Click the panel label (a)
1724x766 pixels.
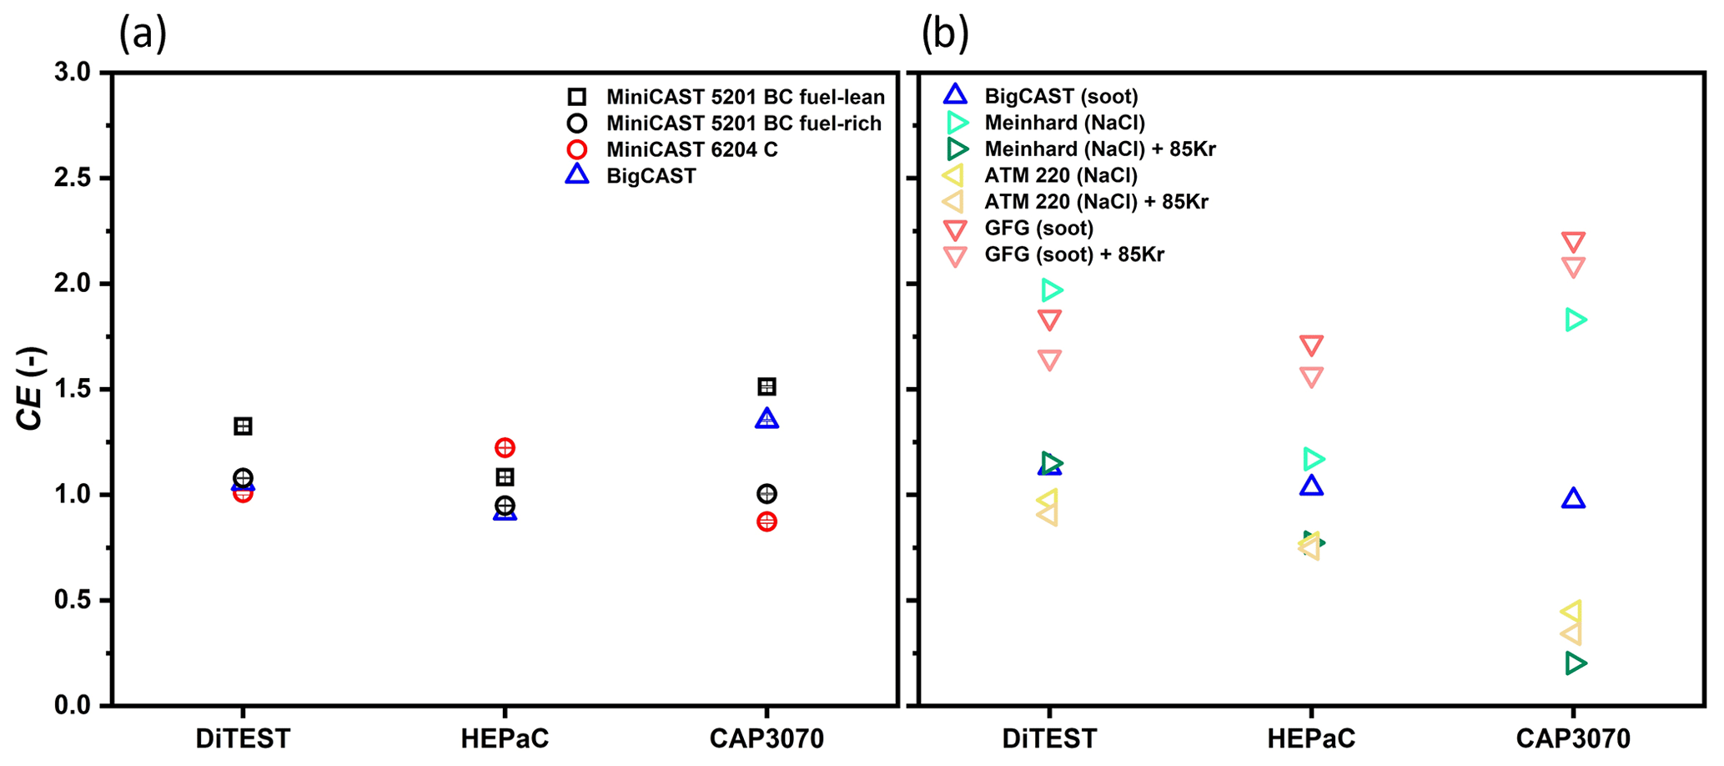point(143,35)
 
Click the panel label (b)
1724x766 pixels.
point(945,35)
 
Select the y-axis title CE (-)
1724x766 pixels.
point(31,389)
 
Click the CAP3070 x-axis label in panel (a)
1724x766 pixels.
point(766,738)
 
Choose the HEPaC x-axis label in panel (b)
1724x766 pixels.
point(1310,738)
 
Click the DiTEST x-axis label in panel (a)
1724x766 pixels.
point(243,738)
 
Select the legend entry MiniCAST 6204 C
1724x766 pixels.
point(691,149)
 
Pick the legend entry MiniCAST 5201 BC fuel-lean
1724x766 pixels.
point(745,97)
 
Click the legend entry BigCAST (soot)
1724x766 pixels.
point(1061,96)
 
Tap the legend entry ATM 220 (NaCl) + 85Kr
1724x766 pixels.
point(1096,201)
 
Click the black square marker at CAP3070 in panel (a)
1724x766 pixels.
point(767,386)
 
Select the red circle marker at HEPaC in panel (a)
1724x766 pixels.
point(505,448)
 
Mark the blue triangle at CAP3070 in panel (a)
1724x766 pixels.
point(767,419)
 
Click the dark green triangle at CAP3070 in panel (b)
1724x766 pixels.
point(1575,663)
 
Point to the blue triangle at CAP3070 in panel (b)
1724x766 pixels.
point(1573,499)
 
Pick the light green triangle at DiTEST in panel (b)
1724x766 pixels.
point(1051,290)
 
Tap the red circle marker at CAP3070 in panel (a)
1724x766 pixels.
point(767,522)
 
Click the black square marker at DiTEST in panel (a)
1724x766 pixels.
point(243,426)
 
